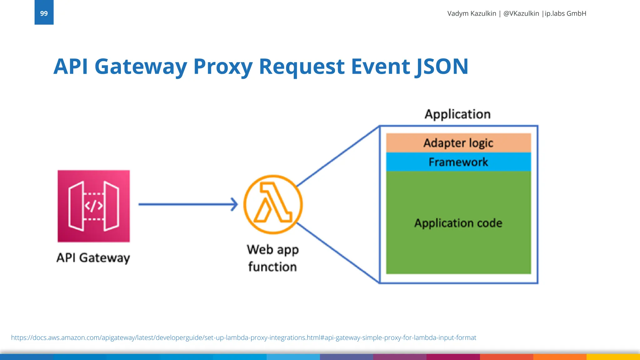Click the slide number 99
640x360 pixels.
tap(44, 13)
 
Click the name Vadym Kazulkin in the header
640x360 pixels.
tap(472, 13)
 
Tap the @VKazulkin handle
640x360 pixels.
tap(521, 13)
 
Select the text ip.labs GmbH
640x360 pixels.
tap(565, 13)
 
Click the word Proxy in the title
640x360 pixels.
tap(223, 67)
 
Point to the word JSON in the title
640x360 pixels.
tap(442, 67)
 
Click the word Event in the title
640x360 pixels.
tap(380, 67)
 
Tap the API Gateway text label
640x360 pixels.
tap(93, 258)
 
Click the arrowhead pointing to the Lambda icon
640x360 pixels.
tap(234, 204)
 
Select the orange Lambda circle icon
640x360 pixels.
tap(273, 204)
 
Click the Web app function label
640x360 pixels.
tap(272, 258)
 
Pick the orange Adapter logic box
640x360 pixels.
tap(458, 143)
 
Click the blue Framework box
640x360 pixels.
tap(458, 162)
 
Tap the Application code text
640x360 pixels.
tap(458, 223)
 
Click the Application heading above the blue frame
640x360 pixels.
tap(457, 114)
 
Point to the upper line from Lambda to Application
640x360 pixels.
tap(337, 156)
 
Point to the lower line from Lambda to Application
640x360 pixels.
tap(337, 252)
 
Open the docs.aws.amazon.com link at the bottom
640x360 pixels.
tap(243, 337)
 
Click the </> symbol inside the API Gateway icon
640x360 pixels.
tap(94, 206)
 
